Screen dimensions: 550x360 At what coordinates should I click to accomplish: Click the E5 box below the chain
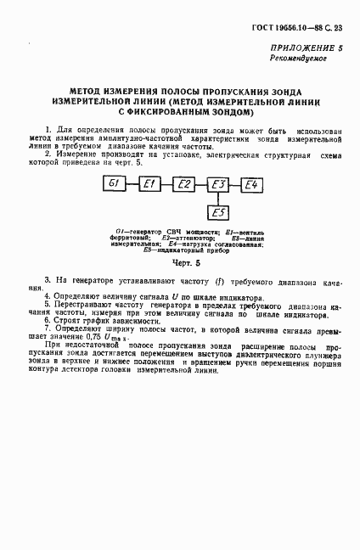218,212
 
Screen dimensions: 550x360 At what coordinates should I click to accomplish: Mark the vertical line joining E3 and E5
218,198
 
